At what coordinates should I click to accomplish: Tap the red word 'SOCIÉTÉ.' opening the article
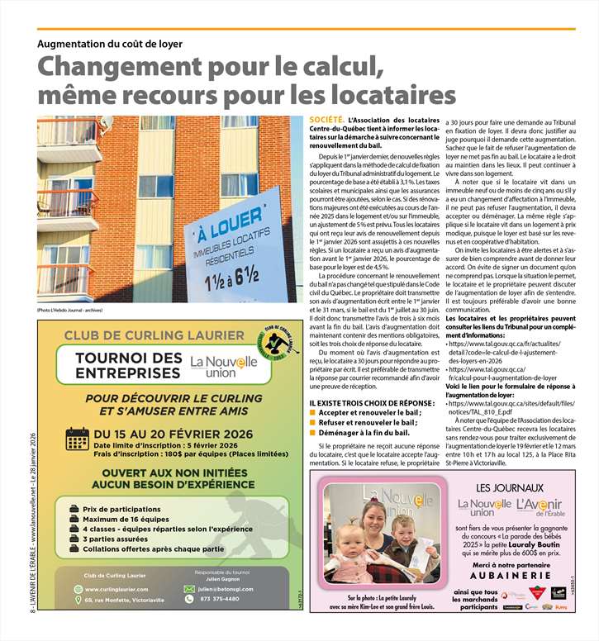point(326,120)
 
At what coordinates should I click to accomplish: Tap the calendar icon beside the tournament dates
point(77,439)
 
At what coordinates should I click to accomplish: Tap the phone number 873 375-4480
point(219,599)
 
